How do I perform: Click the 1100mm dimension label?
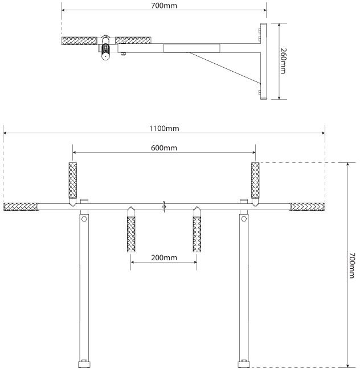click(164, 129)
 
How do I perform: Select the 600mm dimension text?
click(164, 148)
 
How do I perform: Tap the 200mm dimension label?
click(164, 258)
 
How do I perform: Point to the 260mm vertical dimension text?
click(283, 61)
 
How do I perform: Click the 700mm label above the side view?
click(164, 6)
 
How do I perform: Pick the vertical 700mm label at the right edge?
click(351, 265)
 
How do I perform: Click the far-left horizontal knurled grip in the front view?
click(21, 206)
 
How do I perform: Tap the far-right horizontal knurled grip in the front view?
click(307, 206)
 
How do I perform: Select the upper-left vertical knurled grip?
click(73, 181)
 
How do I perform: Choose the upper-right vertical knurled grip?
click(255, 181)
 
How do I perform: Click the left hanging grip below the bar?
click(131, 234)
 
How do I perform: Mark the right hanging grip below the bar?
click(197, 234)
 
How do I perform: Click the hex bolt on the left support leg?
click(84, 219)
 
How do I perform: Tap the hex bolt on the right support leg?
click(244, 219)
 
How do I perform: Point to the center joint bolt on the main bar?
click(164, 207)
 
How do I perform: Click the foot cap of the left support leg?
click(84, 363)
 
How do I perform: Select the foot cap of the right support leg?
click(244, 363)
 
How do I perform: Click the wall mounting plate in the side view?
click(264, 61)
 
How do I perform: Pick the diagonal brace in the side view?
click(225, 68)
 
